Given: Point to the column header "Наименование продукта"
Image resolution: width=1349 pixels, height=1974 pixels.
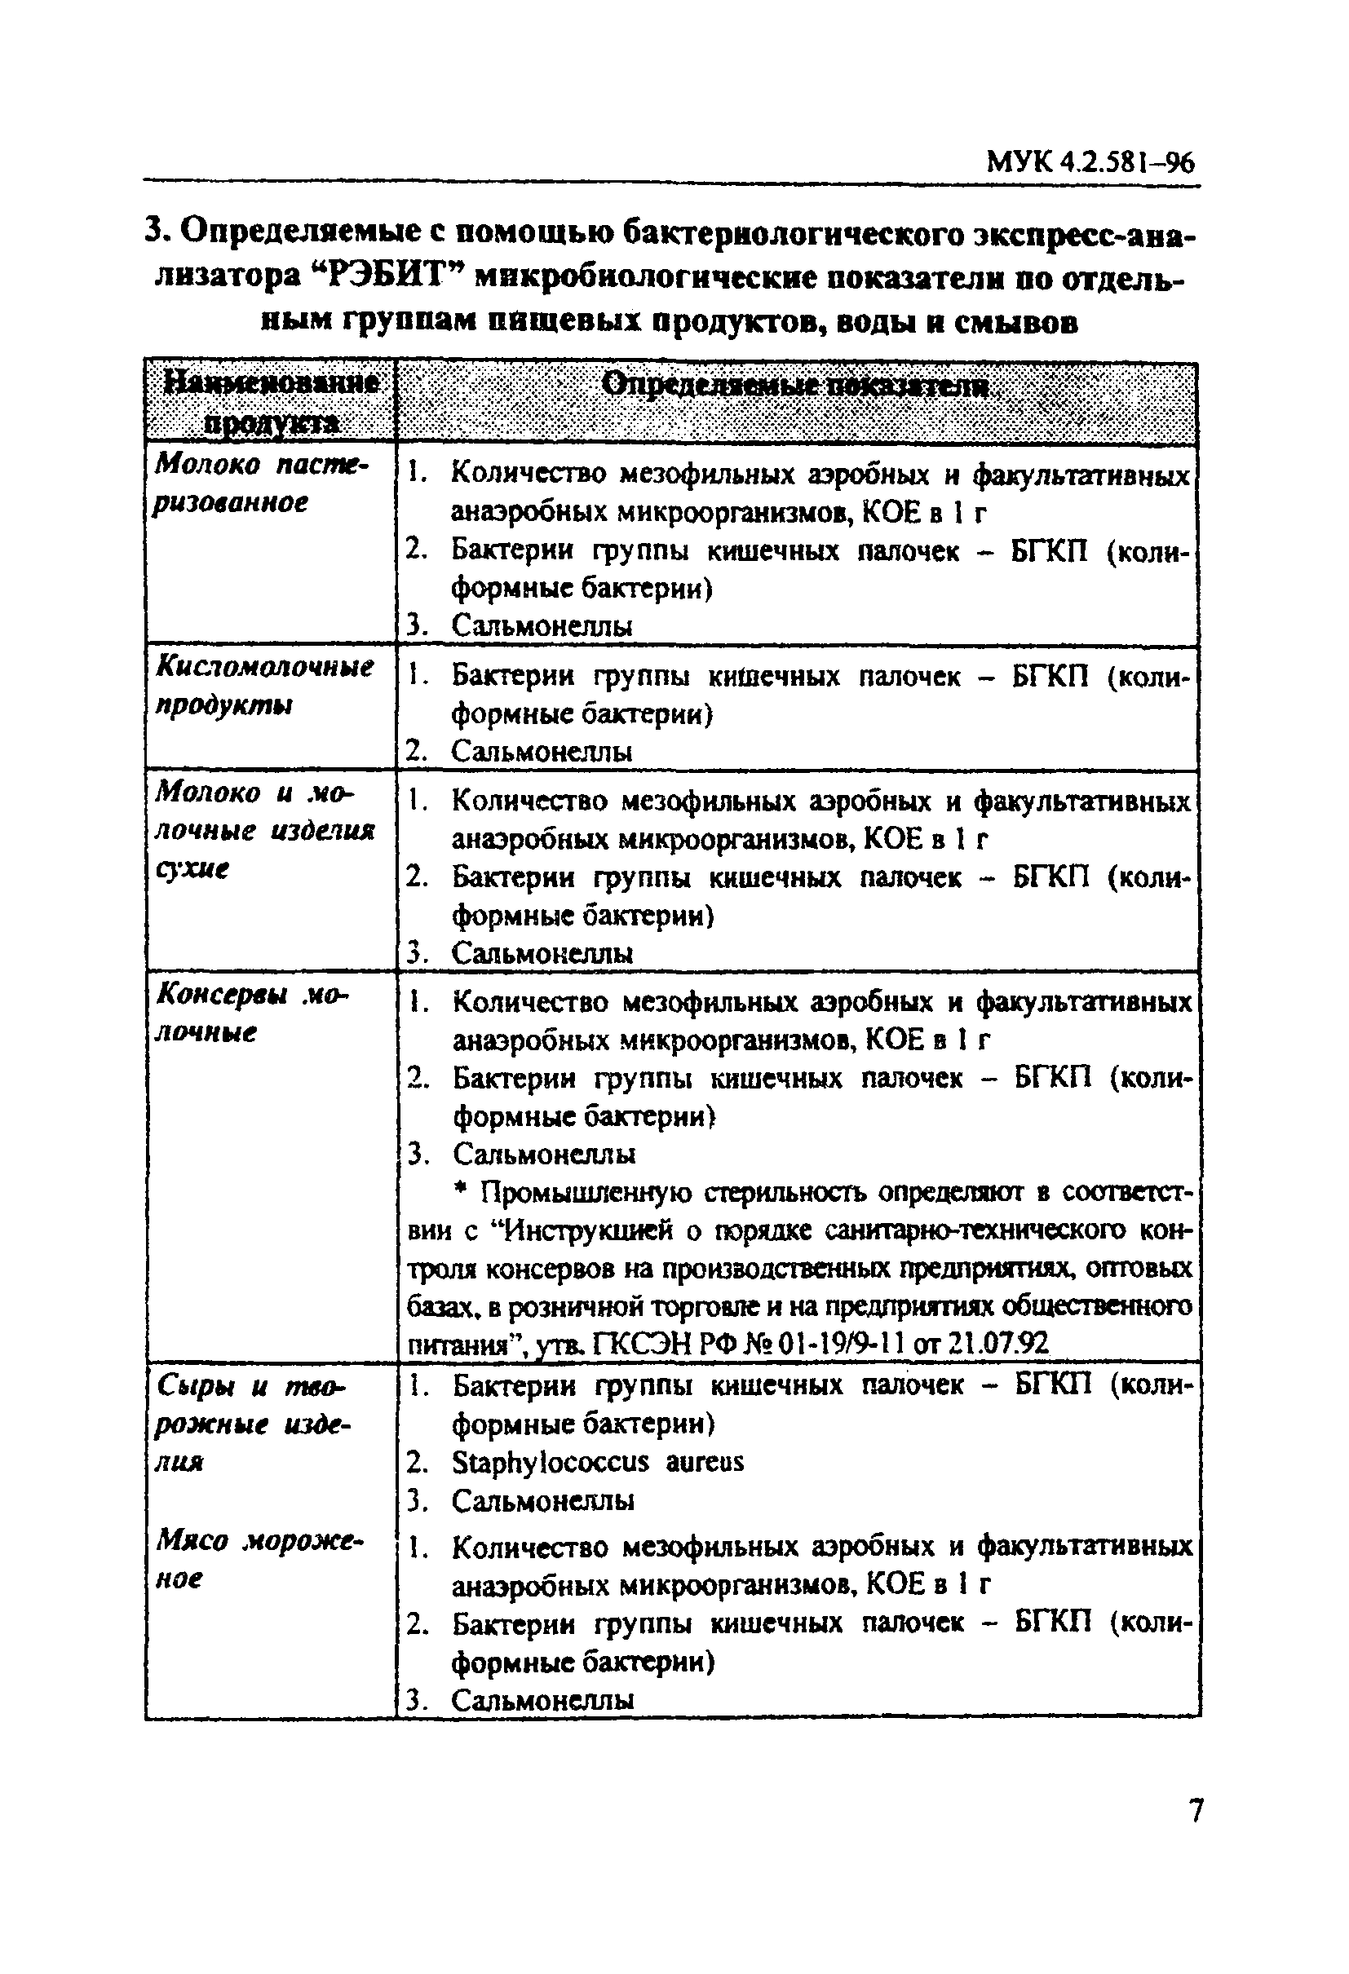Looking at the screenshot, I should tap(271, 402).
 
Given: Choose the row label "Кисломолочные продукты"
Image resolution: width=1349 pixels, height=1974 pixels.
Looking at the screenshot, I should tap(263, 687).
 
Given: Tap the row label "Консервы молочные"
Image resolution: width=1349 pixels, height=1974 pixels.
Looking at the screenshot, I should tap(251, 1013).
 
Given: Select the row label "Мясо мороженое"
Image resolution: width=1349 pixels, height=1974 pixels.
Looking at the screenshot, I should tap(259, 1560).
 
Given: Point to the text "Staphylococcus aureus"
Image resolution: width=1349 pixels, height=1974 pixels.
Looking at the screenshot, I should tap(597, 1462).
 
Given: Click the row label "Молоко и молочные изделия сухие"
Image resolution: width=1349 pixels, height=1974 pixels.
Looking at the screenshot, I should tap(263, 831).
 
